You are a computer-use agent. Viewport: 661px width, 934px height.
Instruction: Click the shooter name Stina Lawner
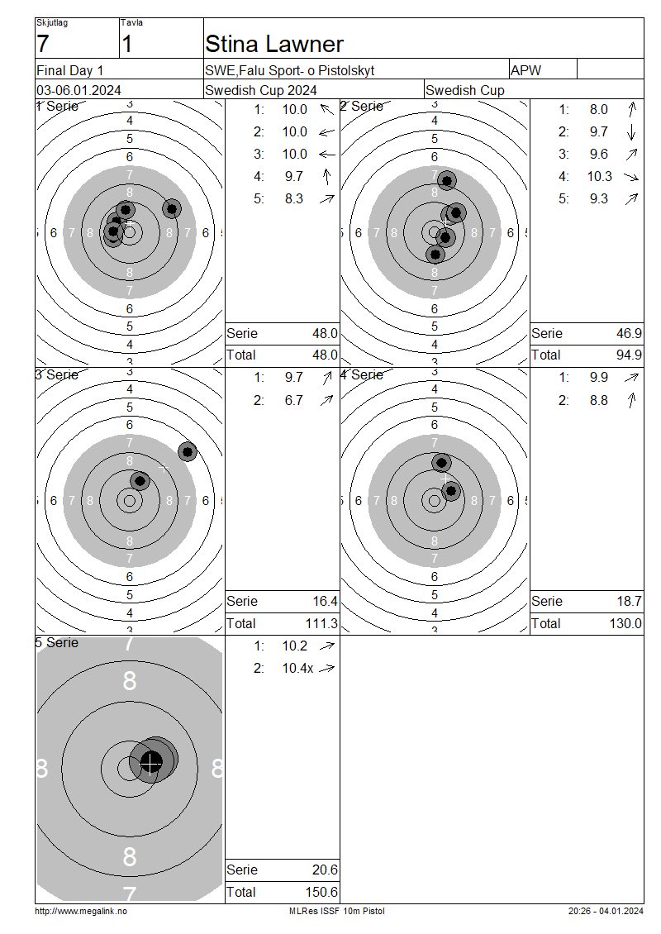pyautogui.click(x=274, y=44)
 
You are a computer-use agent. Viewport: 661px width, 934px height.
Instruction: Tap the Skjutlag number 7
pyautogui.click(x=42, y=44)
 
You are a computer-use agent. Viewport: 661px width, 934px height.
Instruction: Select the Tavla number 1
pyautogui.click(x=127, y=44)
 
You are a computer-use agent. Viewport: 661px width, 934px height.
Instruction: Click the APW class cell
pyautogui.click(x=525, y=70)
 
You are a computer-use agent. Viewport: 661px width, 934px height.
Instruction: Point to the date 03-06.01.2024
pyautogui.click(x=78, y=91)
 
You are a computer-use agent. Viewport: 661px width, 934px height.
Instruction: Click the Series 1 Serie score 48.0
pyautogui.click(x=325, y=334)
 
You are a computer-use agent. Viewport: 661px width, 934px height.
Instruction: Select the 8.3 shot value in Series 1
pyautogui.click(x=294, y=199)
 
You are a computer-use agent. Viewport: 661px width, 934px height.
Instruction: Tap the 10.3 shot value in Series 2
pyautogui.click(x=600, y=176)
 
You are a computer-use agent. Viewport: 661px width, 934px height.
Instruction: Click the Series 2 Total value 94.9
pyautogui.click(x=629, y=355)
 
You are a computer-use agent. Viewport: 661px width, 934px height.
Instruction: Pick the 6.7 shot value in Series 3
pyautogui.click(x=294, y=400)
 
